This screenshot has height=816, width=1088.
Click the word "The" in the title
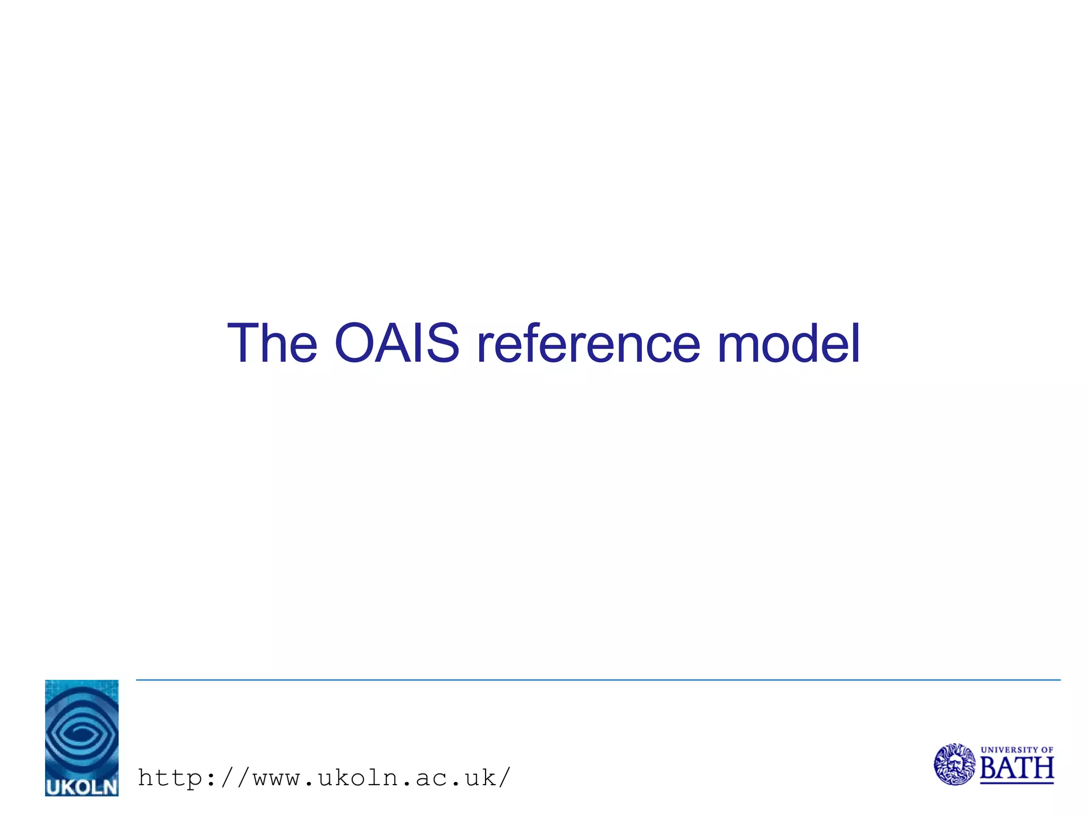pos(272,344)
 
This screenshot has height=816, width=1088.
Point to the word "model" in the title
pos(788,344)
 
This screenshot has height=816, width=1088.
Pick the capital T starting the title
pos(244,344)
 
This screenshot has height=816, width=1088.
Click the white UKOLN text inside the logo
pos(82,786)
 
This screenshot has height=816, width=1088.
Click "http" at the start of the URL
pos(170,778)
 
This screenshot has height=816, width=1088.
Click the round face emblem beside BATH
pos(955,764)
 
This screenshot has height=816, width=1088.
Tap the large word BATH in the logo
pos(1016,768)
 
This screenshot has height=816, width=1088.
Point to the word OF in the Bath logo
pos(1047,750)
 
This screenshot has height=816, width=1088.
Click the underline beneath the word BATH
pos(1016,783)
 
